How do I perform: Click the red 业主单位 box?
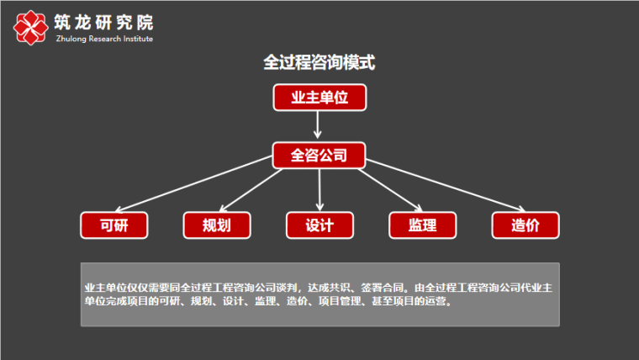coord(319,98)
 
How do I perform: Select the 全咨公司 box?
coord(319,156)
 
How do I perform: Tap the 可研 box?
coord(114,225)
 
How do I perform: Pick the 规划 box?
coord(217,225)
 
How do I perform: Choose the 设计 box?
coord(319,225)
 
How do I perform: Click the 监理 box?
coord(423,225)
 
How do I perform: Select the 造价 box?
coord(525,225)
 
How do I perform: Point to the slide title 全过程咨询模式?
coord(319,62)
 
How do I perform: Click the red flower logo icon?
coord(30,27)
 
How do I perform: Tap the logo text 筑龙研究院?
coord(103,22)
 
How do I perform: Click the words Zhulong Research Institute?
coord(104,39)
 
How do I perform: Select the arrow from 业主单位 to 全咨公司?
coord(318,124)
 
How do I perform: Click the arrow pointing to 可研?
coord(193,183)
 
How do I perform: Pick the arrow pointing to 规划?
coord(251,190)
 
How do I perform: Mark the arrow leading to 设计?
coord(319,190)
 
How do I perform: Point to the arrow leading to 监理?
coord(390,190)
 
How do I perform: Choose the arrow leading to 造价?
coord(446,185)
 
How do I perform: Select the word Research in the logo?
coord(105,39)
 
